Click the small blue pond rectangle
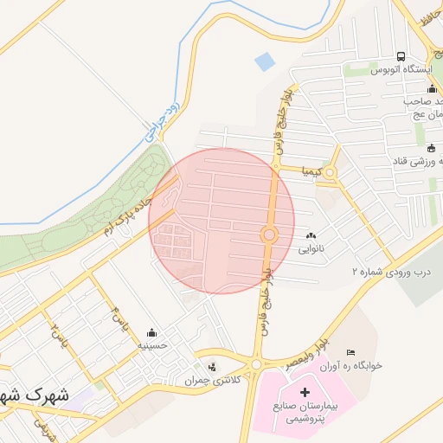[264, 61]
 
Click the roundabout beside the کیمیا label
[330, 172]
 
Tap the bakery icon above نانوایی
[311, 235]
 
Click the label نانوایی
[311, 248]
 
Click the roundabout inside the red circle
[269, 234]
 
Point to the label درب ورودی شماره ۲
[390, 271]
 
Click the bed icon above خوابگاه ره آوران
[350, 352]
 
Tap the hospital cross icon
[304, 393]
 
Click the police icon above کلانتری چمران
[213, 367]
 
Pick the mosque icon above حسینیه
[152, 332]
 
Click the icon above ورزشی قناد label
[431, 147]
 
